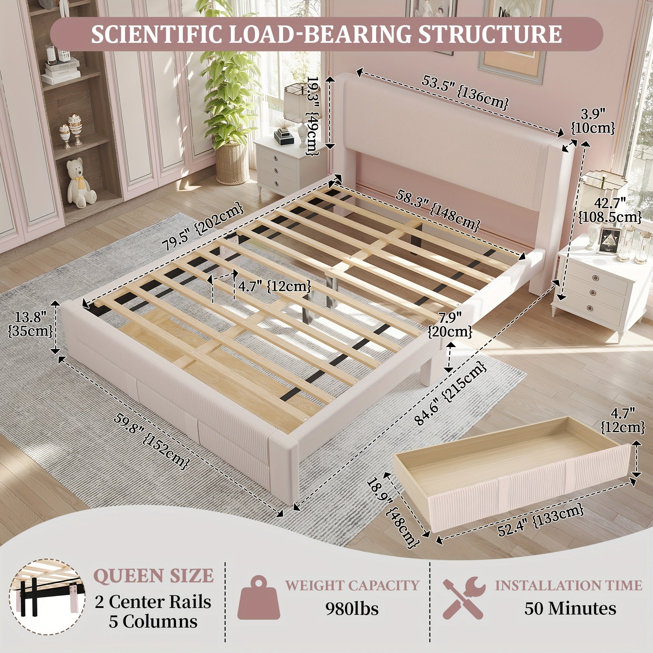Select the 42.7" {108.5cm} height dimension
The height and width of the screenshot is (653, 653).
(x=609, y=211)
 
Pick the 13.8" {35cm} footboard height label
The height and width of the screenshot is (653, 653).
(x=30, y=324)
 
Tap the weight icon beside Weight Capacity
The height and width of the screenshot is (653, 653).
(x=259, y=597)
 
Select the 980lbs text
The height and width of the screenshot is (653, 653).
(x=352, y=609)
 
